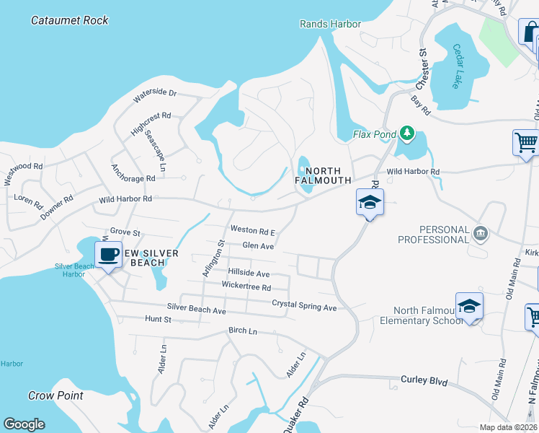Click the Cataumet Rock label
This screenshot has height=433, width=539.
pyautogui.click(x=70, y=20)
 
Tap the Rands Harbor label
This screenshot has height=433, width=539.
pyautogui.click(x=330, y=25)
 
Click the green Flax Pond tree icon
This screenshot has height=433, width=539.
pyautogui.click(x=407, y=133)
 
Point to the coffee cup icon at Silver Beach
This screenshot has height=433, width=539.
pyautogui.click(x=109, y=255)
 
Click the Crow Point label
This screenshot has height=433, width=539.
pyautogui.click(x=55, y=395)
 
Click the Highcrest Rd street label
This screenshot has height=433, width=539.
pyautogui.click(x=151, y=121)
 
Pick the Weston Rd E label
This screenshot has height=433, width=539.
pyautogui.click(x=253, y=231)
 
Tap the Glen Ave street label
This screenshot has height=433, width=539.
pyautogui.click(x=258, y=246)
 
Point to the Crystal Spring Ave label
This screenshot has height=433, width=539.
pyautogui.click(x=304, y=306)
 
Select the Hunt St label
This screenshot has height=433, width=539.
pyautogui.click(x=158, y=318)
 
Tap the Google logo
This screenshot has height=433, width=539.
pyautogui.click(x=24, y=424)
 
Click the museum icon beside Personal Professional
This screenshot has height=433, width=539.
pyautogui.click(x=481, y=233)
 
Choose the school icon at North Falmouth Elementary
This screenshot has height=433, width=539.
pyautogui.click(x=469, y=306)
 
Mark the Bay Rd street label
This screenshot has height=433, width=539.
pyautogui.click(x=421, y=106)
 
